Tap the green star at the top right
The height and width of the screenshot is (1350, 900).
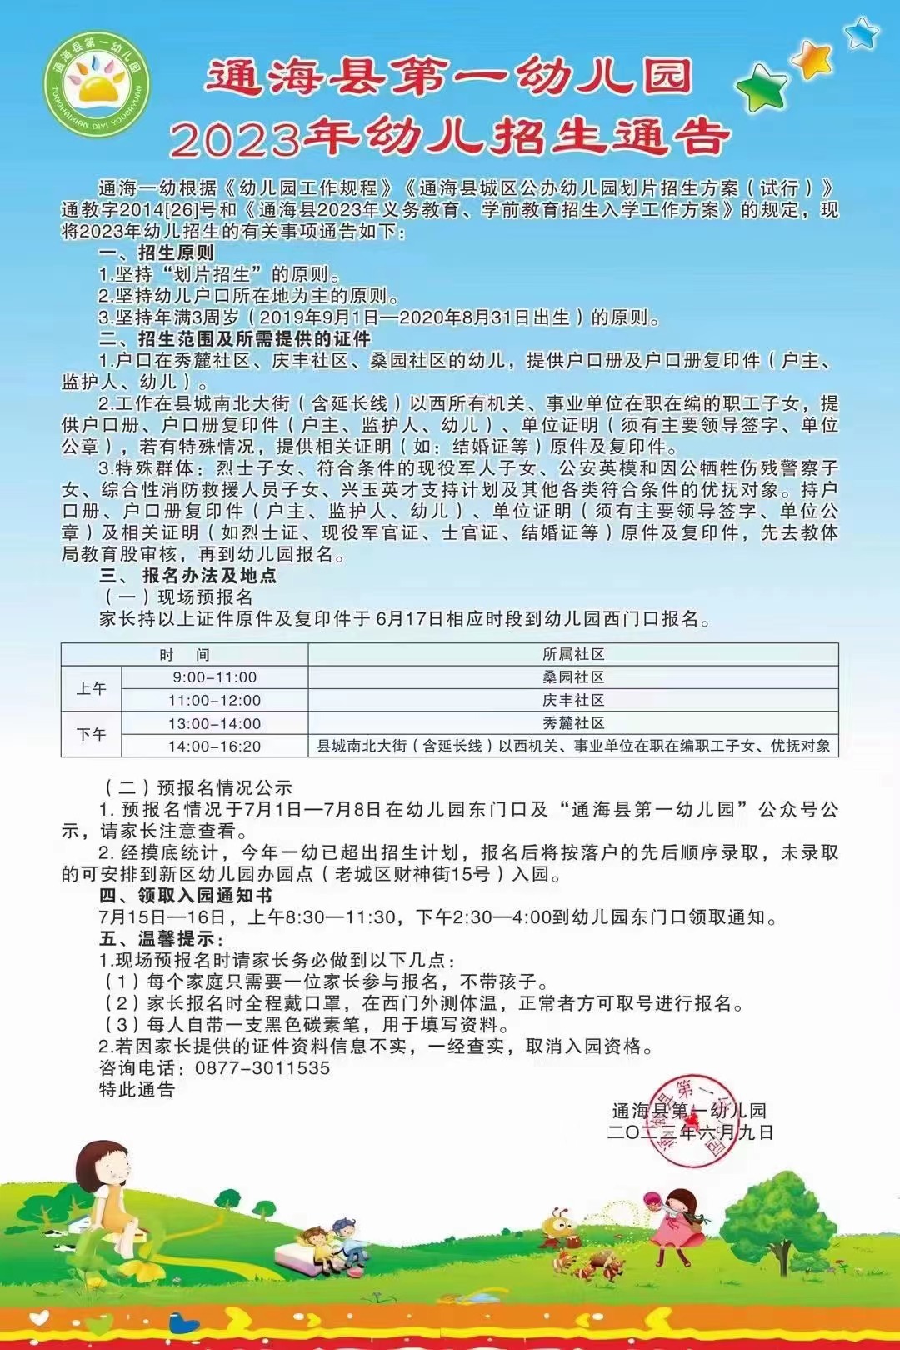point(762,85)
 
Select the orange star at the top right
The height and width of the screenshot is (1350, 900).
point(811,57)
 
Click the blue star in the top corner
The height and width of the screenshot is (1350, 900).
point(861,32)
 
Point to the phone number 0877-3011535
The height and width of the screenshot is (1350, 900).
point(262,1068)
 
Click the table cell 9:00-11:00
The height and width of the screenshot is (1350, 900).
point(215,677)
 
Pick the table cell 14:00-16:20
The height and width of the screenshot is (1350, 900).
point(215,747)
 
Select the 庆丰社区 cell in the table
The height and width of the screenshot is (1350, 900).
point(573,701)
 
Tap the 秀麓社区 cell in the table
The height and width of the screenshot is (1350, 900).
point(573,723)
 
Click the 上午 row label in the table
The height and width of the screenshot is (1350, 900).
point(92,689)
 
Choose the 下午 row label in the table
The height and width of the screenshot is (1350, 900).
point(92,735)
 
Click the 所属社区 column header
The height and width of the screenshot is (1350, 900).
point(573,655)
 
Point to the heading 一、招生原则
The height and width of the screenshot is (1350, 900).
point(157,252)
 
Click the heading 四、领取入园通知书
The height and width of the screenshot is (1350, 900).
point(185,897)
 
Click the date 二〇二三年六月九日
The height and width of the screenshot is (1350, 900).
point(691,1132)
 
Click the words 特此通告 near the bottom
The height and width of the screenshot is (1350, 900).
point(137,1090)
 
